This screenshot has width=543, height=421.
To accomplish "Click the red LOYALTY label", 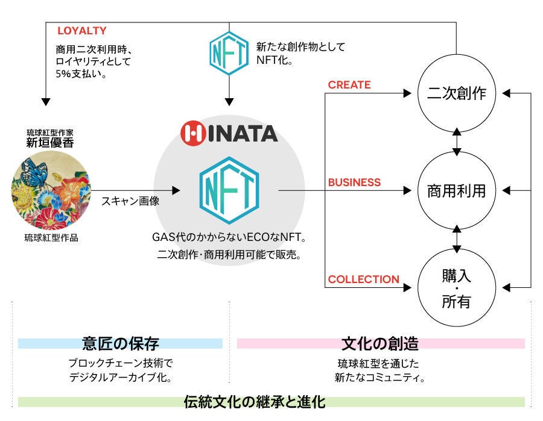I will (81, 30).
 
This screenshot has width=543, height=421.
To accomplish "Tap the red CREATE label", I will (349, 85).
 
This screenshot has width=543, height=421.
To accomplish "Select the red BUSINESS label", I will (354, 182).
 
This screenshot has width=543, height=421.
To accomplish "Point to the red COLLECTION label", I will (363, 279).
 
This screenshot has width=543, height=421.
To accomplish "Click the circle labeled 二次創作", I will (456, 94).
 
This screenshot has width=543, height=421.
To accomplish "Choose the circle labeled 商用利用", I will (456, 191).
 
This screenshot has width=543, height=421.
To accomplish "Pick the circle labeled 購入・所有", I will (456, 288).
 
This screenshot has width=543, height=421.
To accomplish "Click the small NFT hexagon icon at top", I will (229, 52).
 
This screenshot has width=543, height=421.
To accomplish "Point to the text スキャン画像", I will (130, 201).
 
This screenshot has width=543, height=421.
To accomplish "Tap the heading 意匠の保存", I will (120, 344).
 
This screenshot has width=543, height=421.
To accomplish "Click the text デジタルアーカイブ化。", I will (121, 378).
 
